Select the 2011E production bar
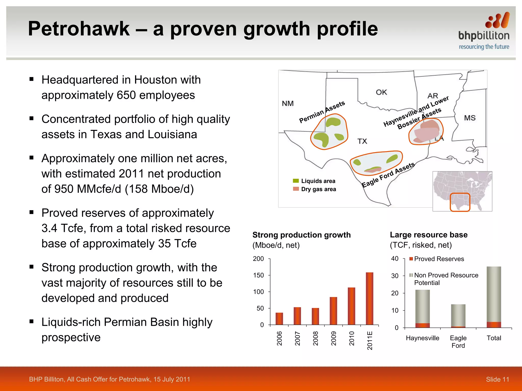pos(369,298)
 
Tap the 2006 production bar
pos(279,318)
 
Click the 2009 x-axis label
pos(334,338)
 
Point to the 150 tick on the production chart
pos(258,275)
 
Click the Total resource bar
pos(494,297)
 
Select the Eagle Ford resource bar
pos(458,316)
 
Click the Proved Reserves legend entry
pos(437,259)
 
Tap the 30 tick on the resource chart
pos(395,276)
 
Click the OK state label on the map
pos(381,92)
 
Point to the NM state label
pos(288,103)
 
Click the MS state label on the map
pos(469,118)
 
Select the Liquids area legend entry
pos(314,181)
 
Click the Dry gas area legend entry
pos(315,189)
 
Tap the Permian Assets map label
pos(322,112)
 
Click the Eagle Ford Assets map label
pos(388,175)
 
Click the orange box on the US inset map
pos(460,202)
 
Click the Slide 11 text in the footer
pos(497,379)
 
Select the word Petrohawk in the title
pos(79,29)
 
